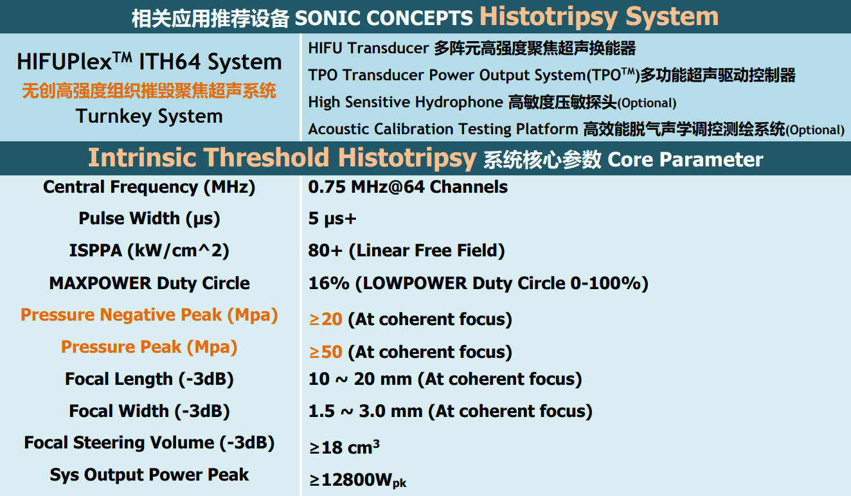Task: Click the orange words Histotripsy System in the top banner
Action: coord(599,17)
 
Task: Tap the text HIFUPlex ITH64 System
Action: coord(149,62)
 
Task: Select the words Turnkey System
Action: coord(149,116)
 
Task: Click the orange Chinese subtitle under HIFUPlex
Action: coord(149,91)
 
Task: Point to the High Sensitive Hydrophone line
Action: coord(492,102)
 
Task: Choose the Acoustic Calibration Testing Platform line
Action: coord(576,129)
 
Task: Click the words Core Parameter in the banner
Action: coord(685,159)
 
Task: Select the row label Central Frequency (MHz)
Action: coord(149,187)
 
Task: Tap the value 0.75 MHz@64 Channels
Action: coord(408,187)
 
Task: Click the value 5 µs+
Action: coord(332,218)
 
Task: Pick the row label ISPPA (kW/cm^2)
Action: coord(149,251)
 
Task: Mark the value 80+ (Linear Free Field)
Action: coord(406,251)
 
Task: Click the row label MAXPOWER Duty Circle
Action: coord(149,283)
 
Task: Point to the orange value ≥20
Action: coord(326,319)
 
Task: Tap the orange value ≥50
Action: coord(326,351)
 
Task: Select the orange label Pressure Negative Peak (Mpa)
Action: coord(149,315)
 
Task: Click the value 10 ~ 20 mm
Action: coord(360,379)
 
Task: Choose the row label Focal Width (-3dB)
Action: coord(149,411)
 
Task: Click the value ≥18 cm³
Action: coord(345,447)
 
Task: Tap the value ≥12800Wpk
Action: coord(357,480)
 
